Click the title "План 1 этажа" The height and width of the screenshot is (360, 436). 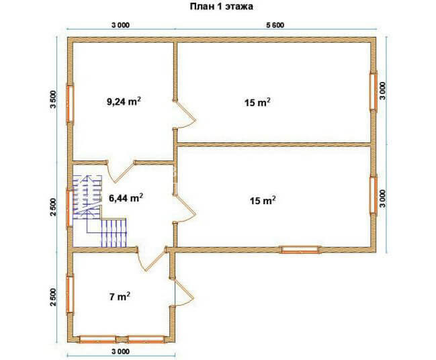coord(221,7)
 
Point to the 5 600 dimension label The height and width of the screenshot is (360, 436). coord(275,26)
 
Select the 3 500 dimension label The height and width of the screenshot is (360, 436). coord(53,99)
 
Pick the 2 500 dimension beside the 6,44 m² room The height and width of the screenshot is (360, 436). coord(53,207)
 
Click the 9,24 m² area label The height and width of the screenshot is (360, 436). coord(124,101)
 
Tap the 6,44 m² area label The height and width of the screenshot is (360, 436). coord(126,198)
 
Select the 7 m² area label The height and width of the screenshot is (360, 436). coord(120,297)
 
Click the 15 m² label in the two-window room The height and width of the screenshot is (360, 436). coord(263,200)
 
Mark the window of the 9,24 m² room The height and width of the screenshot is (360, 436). coord(70,104)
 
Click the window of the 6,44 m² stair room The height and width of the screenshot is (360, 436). coord(69,208)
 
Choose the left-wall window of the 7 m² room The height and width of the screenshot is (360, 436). coord(70,294)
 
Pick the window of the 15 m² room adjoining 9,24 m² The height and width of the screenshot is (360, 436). coord(373,91)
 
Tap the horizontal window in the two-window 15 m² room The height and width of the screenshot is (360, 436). coord(300,250)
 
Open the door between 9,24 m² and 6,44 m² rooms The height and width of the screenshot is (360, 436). coord(121,171)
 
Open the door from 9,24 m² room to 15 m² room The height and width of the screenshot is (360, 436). coord(185,115)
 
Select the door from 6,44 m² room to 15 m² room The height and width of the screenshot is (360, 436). coord(185,208)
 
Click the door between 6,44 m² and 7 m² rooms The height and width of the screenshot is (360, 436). coord(152,259)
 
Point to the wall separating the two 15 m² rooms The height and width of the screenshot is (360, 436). coord(274,144)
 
